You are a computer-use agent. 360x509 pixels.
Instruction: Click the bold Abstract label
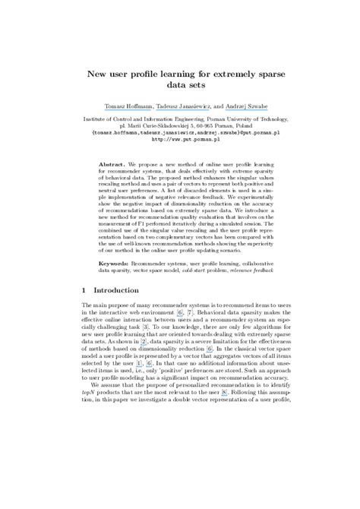pos(114,165)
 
